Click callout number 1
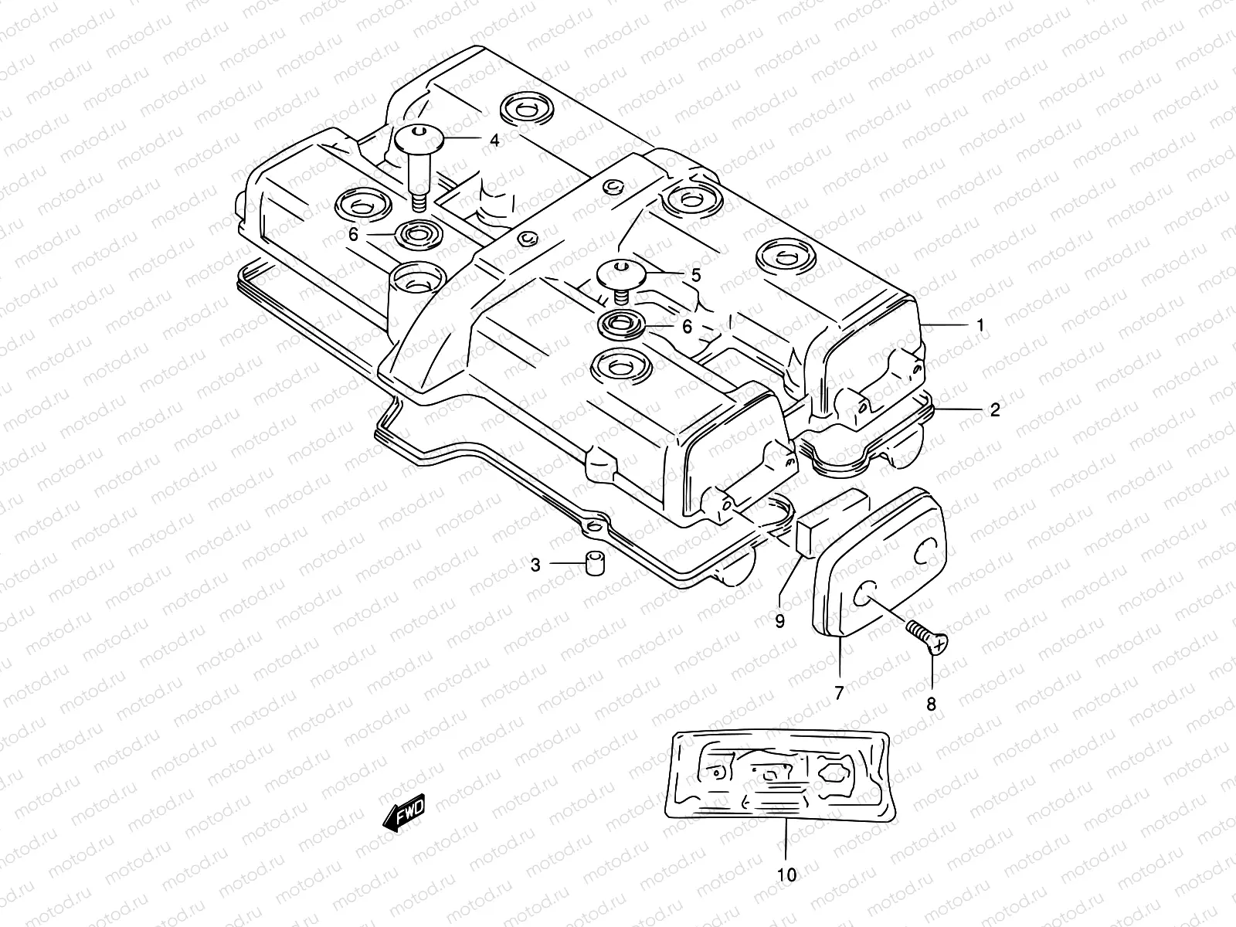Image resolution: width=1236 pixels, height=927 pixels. (x=980, y=325)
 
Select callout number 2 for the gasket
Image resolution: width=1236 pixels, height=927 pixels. (x=995, y=409)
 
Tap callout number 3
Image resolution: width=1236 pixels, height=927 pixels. (x=535, y=565)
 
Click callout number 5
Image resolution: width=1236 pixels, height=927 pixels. (x=695, y=274)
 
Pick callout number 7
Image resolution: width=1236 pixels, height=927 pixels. (x=839, y=693)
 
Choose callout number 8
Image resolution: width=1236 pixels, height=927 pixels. (x=931, y=704)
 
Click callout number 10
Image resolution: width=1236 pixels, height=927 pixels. (x=786, y=875)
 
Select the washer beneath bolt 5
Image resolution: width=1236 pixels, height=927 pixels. (x=623, y=324)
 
